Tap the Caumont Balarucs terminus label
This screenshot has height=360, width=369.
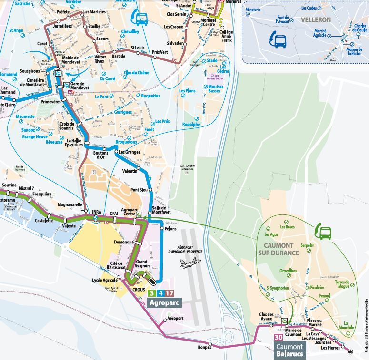coord(289,350)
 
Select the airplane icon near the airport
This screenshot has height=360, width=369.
coord(190,263)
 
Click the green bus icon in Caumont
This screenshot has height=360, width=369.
coord(325,233)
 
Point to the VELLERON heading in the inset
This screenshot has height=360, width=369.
coord(315,20)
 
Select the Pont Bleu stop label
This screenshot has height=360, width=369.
coord(140,190)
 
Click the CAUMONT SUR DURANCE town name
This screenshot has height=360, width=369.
coord(279,249)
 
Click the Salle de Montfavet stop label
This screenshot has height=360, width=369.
coord(162,210)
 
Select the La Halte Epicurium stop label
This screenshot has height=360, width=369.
coord(75,144)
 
